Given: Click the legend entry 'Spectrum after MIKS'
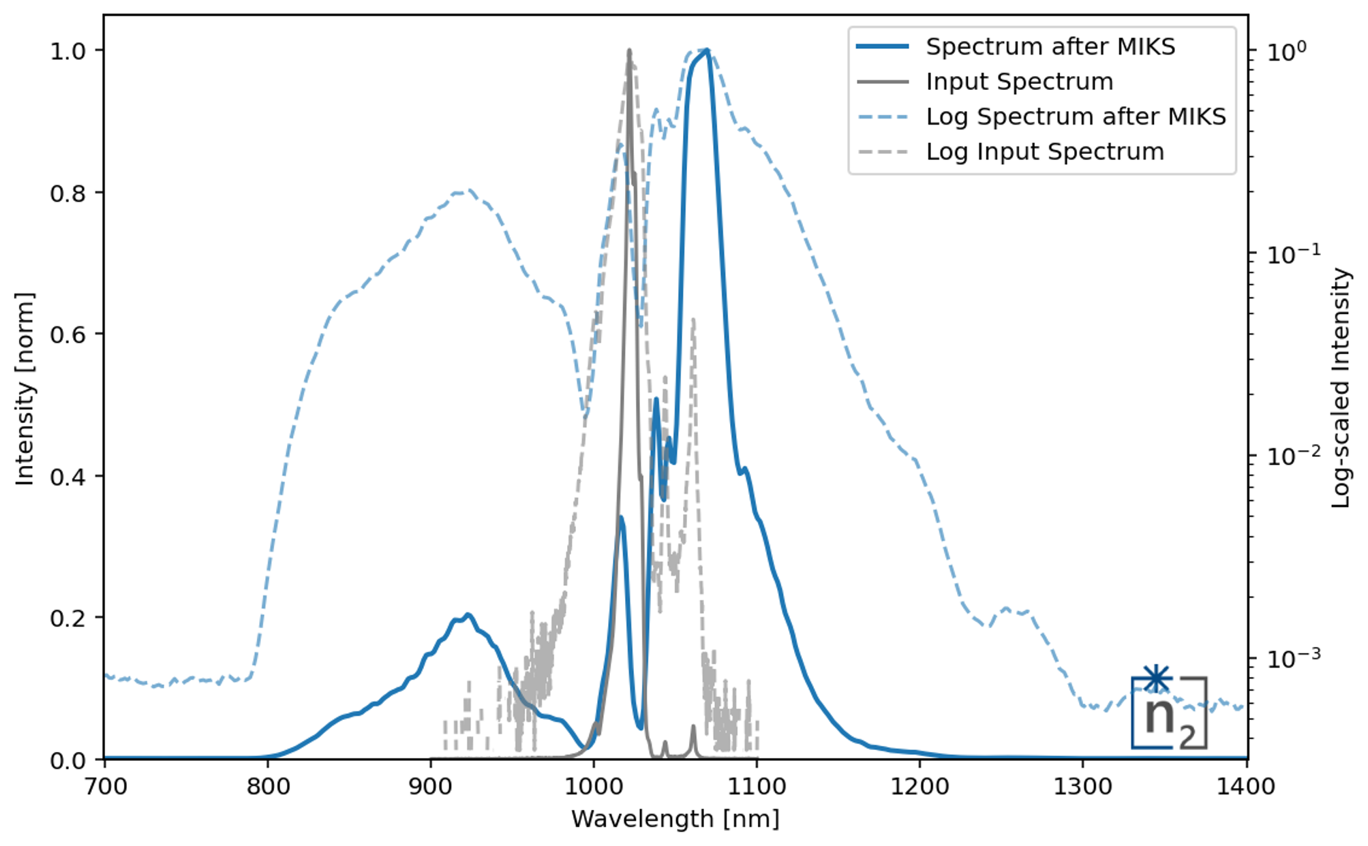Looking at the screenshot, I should (x=1050, y=47).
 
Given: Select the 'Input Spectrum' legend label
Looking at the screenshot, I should (x=1019, y=82).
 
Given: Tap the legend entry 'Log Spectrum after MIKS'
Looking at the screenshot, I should (x=1076, y=116).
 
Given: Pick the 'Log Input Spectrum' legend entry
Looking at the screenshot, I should (x=1044, y=151).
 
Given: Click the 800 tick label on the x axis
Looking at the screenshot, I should (x=267, y=787).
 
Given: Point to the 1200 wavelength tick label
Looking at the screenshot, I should (x=919, y=787).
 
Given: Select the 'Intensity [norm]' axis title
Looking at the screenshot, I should (x=25, y=388).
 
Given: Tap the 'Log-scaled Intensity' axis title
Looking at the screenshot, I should (x=1341, y=388).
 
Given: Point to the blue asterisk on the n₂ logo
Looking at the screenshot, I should (x=1157, y=678).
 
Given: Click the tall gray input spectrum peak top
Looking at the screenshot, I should (x=629, y=51).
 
